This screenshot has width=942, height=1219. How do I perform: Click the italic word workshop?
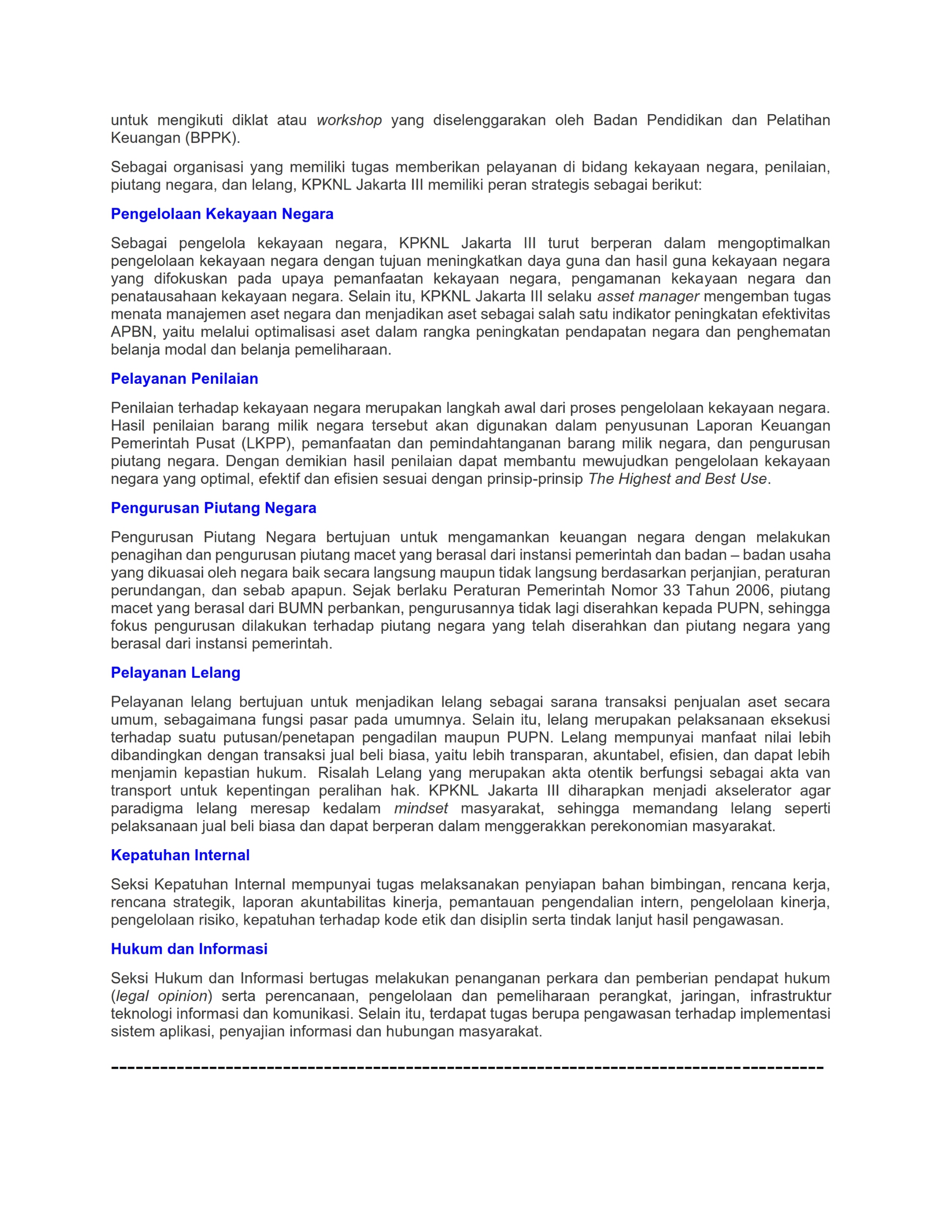(x=349, y=120)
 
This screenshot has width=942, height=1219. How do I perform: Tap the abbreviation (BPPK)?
(x=212, y=138)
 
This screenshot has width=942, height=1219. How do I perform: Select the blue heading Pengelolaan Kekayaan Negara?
(x=222, y=214)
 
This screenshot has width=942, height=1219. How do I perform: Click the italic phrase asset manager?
(x=648, y=296)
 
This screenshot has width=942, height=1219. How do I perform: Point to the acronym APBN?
(x=132, y=332)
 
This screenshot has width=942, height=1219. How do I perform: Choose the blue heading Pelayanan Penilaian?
(x=184, y=378)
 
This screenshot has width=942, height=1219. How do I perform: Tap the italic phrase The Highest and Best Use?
(x=677, y=479)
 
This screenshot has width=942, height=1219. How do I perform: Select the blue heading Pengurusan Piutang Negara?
(x=213, y=508)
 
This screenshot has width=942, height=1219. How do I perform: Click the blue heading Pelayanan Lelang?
(x=175, y=673)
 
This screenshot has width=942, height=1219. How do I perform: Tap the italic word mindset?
(x=421, y=809)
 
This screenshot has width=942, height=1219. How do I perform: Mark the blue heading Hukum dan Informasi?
(x=189, y=949)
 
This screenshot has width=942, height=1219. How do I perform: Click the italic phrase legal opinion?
(x=161, y=996)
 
